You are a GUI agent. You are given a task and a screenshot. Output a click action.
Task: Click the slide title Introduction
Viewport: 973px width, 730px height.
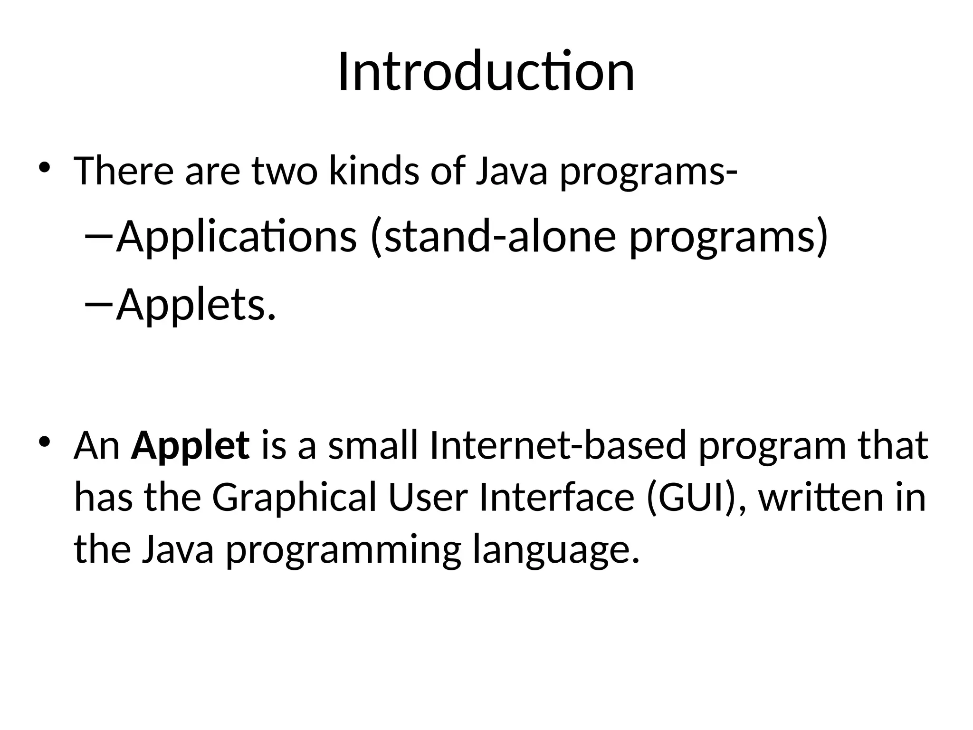pyautogui.click(x=486, y=72)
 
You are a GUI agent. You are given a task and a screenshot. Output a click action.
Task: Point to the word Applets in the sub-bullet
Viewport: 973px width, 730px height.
pyautogui.click(x=195, y=305)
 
